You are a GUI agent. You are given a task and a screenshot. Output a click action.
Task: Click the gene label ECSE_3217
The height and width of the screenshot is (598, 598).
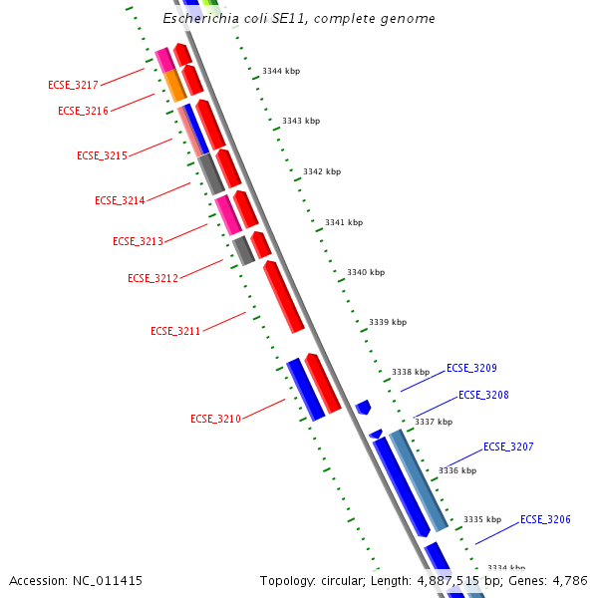tap(73, 85)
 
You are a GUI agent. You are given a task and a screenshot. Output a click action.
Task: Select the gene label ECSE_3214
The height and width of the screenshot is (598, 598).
tap(120, 200)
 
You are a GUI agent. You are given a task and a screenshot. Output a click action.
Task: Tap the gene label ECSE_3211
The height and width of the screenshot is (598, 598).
tap(175, 330)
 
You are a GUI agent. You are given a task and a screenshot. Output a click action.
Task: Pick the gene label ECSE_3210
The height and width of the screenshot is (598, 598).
tap(215, 419)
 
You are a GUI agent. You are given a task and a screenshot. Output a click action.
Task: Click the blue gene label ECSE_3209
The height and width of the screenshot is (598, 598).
tap(471, 368)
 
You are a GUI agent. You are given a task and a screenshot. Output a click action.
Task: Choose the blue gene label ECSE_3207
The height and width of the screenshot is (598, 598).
tap(508, 447)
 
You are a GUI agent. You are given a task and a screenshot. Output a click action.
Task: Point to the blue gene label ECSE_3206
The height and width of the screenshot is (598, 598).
tap(545, 519)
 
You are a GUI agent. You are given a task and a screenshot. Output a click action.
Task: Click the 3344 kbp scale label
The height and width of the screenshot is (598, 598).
tap(281, 71)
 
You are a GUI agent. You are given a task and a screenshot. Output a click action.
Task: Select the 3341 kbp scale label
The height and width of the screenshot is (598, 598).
tap(344, 222)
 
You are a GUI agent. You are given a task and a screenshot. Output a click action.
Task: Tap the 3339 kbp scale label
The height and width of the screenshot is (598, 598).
tap(388, 322)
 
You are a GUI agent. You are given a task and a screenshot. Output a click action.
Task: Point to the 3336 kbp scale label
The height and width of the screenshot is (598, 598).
tap(457, 470)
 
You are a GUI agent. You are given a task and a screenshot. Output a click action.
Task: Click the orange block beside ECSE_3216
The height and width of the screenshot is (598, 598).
tap(175, 85)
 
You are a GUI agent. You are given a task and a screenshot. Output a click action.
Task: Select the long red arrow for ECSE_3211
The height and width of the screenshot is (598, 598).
tap(283, 296)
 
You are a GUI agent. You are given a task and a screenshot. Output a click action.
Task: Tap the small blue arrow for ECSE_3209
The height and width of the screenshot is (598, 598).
tap(363, 407)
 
